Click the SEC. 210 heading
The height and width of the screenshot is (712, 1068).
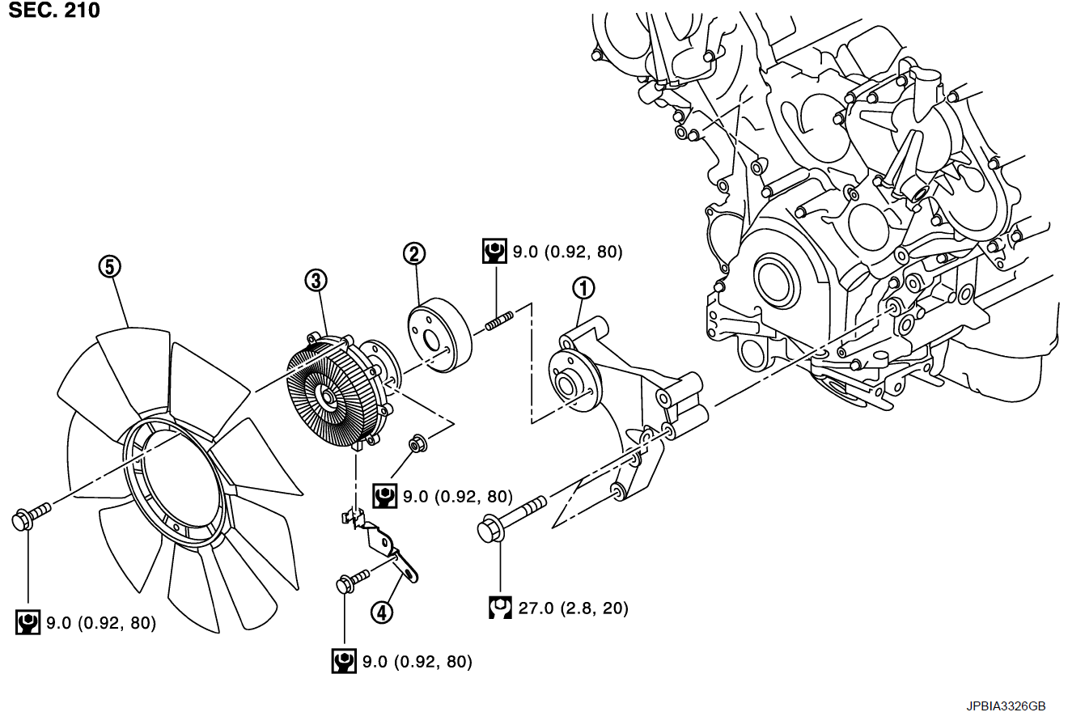[54, 11]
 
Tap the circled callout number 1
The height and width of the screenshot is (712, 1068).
[583, 287]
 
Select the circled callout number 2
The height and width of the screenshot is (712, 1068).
[413, 254]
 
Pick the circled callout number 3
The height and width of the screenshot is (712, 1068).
[316, 281]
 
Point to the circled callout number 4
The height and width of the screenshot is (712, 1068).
[382, 612]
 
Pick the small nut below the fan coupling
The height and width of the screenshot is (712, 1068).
[418, 443]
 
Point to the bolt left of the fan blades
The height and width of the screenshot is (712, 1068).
[31, 515]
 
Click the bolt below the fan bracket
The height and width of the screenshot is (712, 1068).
[350, 579]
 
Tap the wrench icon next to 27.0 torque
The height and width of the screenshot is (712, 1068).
[501, 607]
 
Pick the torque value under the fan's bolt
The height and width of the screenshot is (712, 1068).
[100, 623]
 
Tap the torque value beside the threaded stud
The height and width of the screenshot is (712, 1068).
[567, 252]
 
